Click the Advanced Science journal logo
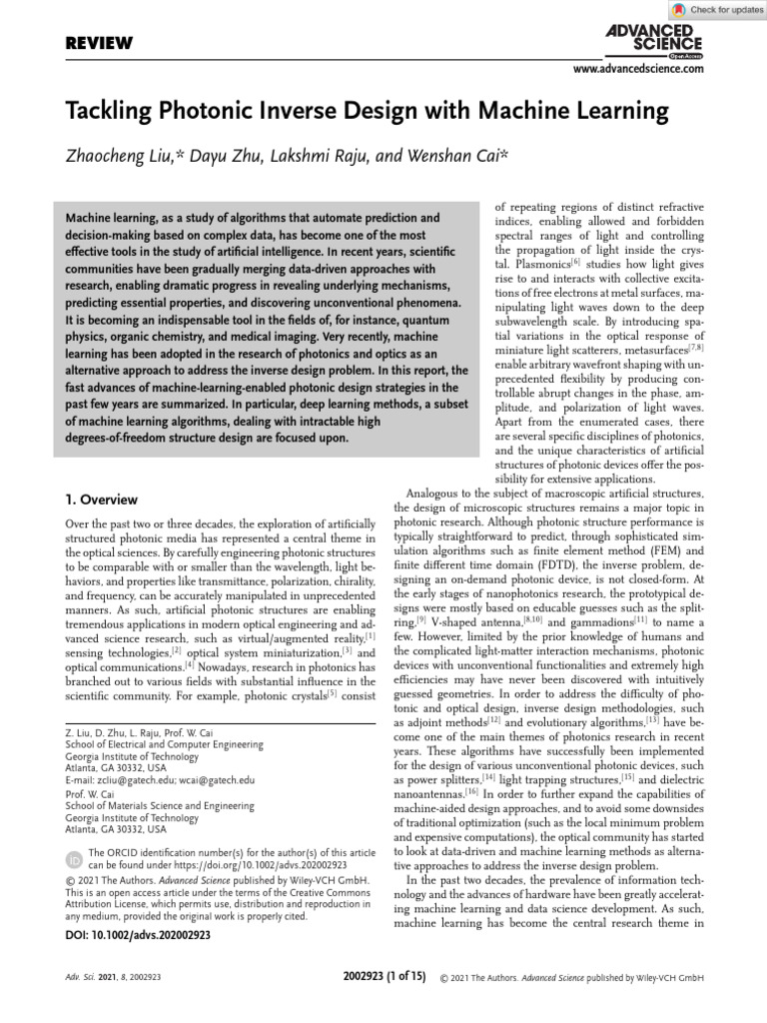click(x=654, y=39)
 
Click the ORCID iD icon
click(x=74, y=859)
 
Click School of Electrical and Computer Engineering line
click(x=164, y=745)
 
